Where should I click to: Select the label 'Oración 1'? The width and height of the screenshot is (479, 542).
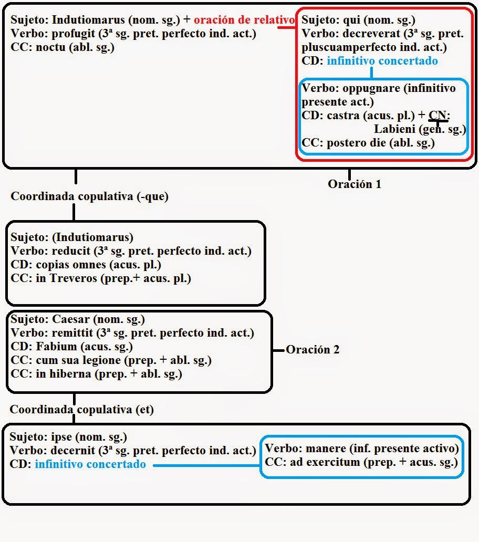point(355,184)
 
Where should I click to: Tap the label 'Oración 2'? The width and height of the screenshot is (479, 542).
point(313,350)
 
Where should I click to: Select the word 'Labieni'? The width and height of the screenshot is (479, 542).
point(393,129)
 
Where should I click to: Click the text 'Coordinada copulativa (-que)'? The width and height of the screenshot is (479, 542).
point(89,196)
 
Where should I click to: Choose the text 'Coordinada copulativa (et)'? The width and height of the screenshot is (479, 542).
point(82,410)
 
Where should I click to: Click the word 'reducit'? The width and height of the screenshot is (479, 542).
point(70,251)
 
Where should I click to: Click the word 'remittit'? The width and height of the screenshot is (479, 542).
point(72,333)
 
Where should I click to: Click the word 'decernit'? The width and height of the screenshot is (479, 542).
point(73,451)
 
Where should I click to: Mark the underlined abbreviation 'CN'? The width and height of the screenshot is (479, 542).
point(437,116)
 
